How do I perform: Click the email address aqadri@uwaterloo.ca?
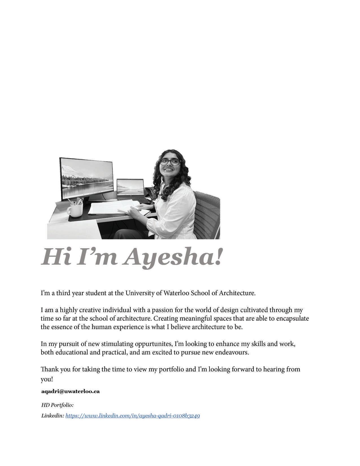click(70, 391)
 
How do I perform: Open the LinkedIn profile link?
click(132, 416)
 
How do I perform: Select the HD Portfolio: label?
click(57, 405)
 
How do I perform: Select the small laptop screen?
click(130, 188)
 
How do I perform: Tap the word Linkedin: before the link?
click(53, 416)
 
